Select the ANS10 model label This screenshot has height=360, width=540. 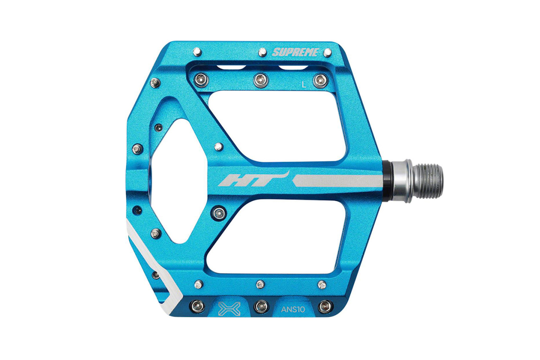tap(293, 309)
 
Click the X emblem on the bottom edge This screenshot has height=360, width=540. tap(229, 309)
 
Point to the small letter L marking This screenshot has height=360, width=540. tap(304, 84)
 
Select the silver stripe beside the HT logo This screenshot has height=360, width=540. tap(337, 181)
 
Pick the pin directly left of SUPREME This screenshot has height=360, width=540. tap(262, 52)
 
